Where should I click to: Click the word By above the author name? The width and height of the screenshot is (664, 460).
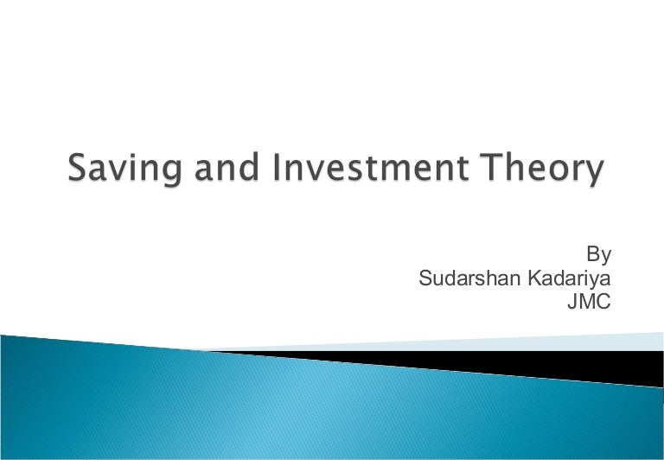click(x=599, y=255)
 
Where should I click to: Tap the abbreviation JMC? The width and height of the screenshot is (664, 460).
click(x=589, y=303)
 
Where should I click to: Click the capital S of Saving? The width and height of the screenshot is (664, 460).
click(x=80, y=168)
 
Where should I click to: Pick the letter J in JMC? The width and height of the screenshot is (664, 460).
click(x=571, y=303)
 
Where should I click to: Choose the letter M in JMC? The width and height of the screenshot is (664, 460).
click(x=587, y=303)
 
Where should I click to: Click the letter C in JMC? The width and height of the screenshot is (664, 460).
click(x=604, y=303)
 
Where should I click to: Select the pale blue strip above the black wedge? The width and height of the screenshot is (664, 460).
click(x=519, y=344)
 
